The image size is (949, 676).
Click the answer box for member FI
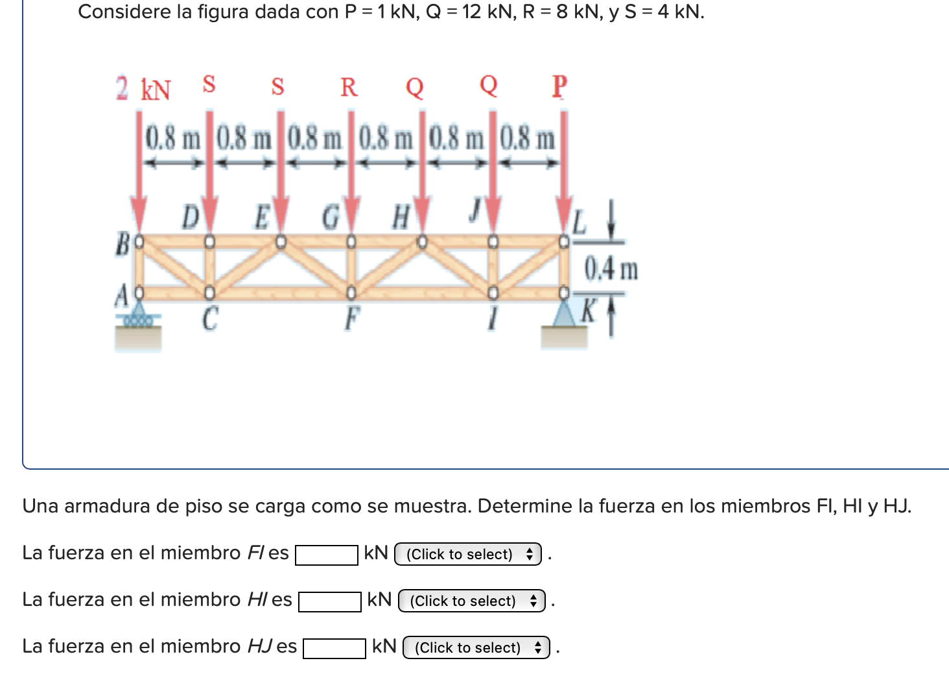point(327,555)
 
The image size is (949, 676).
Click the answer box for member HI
point(330,602)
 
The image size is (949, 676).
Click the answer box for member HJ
point(334,649)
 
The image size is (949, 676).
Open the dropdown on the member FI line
point(468,554)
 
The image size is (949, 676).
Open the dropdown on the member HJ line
point(476,647)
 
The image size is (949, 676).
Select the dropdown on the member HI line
point(472,601)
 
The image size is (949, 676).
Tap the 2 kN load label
point(143,89)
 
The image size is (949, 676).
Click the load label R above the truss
point(349,87)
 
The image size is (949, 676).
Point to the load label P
point(559,86)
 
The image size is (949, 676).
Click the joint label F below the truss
point(351,319)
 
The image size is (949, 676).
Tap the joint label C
point(209,319)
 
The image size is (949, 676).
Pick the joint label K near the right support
point(588,311)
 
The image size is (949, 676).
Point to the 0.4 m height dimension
point(611,269)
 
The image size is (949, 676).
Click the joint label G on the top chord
point(331,217)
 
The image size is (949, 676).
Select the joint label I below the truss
point(493,319)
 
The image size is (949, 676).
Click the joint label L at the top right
point(579,221)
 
